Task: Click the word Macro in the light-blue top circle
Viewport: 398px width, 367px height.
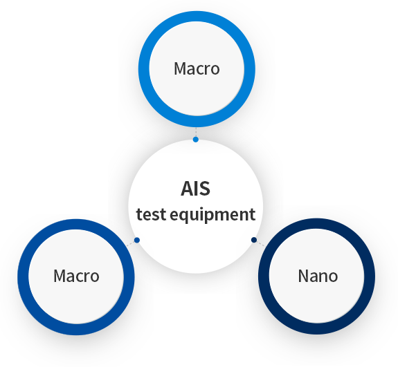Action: (197, 68)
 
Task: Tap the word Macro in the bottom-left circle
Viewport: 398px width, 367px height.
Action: (76, 276)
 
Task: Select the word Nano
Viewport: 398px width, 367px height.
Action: (318, 276)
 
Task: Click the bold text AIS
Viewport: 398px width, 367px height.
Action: (195, 189)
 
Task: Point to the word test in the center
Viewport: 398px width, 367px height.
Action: (152, 214)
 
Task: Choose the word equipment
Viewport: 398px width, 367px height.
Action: (212, 215)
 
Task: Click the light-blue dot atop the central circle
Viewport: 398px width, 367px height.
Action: (195, 140)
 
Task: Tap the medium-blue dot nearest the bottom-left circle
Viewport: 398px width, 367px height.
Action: (137, 240)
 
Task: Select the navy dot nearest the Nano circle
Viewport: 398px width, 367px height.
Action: (254, 240)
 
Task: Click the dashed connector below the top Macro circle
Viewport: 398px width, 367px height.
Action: (196, 132)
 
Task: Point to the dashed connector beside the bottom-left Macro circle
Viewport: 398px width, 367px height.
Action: (130, 244)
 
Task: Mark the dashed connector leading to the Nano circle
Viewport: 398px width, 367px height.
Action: (261, 243)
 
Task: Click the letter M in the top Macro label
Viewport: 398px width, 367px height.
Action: (180, 68)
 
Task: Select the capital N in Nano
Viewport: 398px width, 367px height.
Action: (303, 276)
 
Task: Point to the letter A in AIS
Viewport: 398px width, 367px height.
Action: (187, 189)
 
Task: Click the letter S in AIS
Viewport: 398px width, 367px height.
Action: (205, 189)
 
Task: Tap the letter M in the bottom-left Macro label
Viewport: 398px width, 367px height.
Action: (60, 276)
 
